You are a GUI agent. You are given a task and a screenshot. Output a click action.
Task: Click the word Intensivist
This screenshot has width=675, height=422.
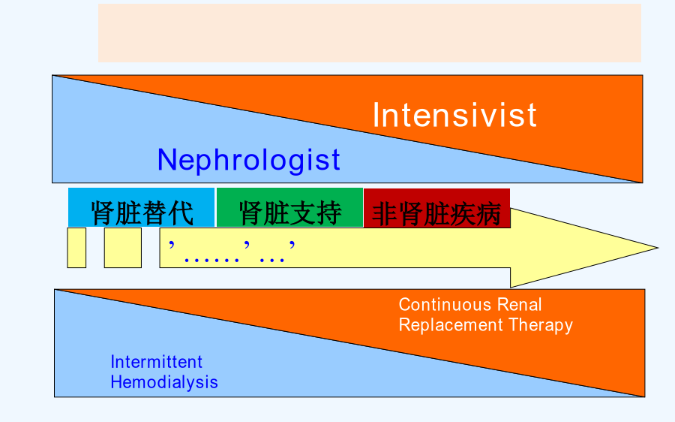(454, 115)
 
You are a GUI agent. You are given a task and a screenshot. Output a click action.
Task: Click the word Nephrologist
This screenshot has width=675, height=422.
(249, 161)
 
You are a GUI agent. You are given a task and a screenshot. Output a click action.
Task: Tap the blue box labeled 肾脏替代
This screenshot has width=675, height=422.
(141, 207)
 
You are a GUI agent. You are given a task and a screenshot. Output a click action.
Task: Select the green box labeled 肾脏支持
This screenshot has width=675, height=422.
(289, 207)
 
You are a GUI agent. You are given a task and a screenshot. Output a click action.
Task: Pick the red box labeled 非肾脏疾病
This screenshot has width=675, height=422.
(437, 208)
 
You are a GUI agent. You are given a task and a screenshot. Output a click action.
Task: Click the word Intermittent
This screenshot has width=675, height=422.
(156, 362)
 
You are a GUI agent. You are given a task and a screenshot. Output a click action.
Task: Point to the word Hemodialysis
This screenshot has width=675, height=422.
(164, 382)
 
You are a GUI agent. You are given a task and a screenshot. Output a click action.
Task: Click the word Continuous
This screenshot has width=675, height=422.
(445, 305)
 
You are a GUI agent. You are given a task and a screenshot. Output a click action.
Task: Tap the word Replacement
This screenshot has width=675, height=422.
(451, 325)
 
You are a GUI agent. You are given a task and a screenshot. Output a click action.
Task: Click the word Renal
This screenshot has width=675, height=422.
(519, 305)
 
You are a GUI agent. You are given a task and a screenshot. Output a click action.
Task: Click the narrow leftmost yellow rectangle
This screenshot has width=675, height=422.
(76, 248)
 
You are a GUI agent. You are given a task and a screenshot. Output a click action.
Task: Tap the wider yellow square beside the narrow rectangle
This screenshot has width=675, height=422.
(123, 248)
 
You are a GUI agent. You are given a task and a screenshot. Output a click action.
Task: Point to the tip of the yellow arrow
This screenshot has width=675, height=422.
(658, 248)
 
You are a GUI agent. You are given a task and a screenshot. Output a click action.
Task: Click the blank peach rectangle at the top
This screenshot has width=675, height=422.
(370, 33)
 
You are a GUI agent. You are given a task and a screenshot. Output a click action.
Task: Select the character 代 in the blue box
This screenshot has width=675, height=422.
(181, 213)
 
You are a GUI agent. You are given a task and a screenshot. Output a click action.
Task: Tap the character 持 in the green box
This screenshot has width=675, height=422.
(329, 213)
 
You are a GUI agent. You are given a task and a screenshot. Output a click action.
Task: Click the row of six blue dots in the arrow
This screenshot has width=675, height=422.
(211, 261)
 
